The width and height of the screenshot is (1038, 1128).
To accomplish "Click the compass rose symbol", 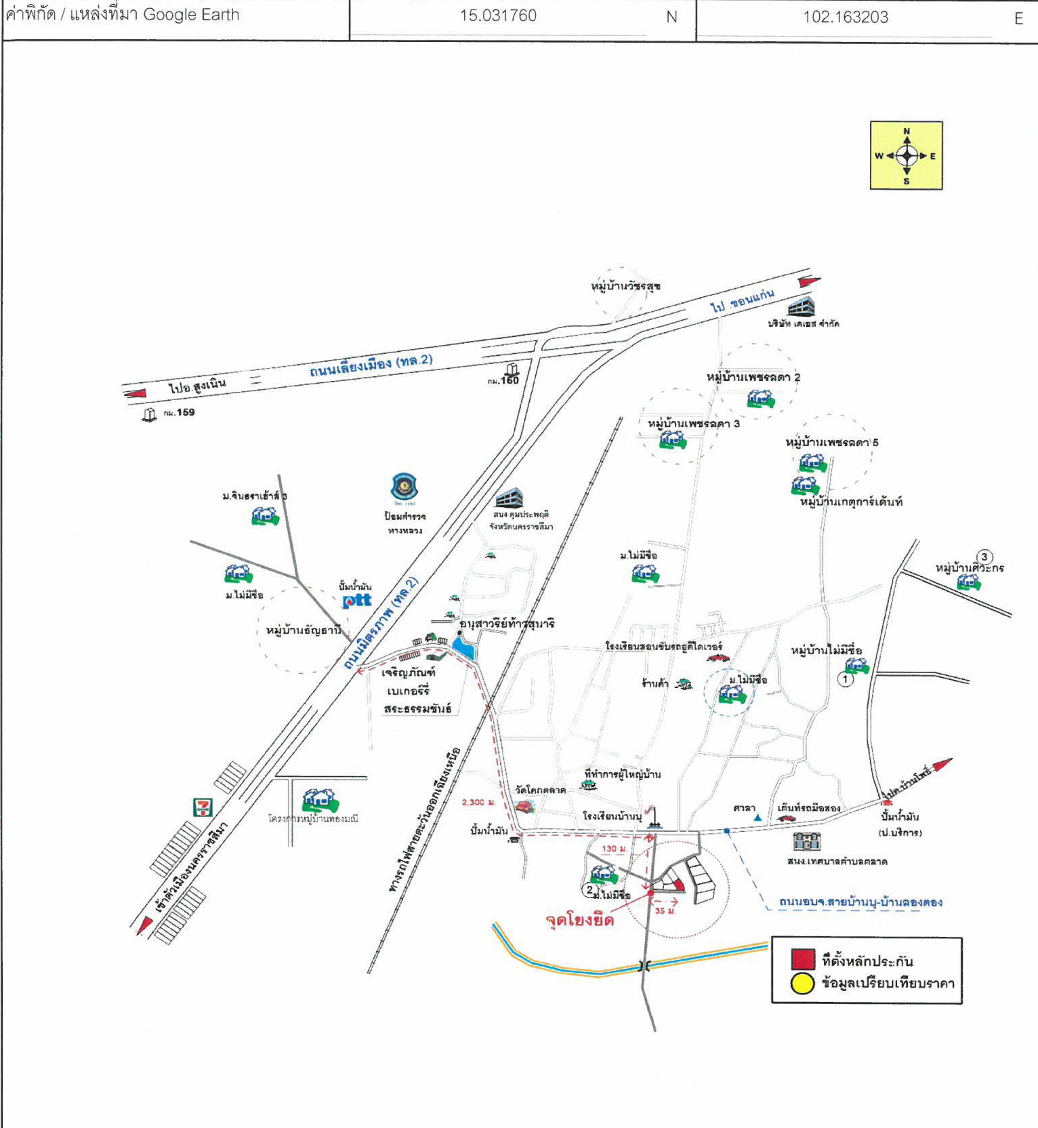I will (x=906, y=156).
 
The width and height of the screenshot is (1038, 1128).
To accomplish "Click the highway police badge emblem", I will (x=404, y=487).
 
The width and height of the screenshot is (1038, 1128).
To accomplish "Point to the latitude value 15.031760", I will (x=498, y=16).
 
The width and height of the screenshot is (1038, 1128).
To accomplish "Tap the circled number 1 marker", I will (x=845, y=679).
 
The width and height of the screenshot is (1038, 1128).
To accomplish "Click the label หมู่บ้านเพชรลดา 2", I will (x=753, y=377).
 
